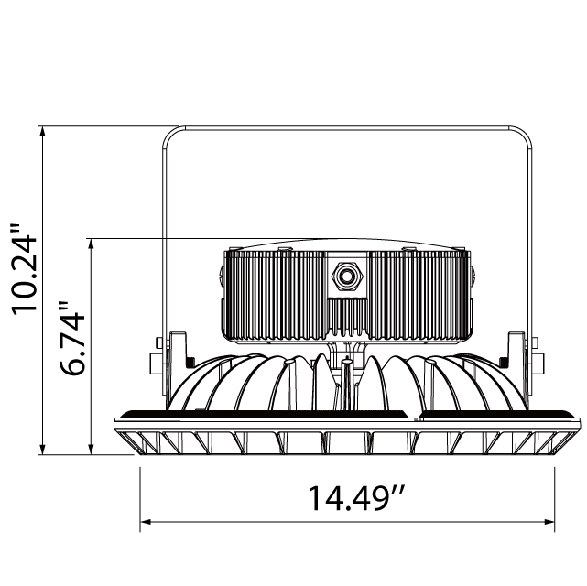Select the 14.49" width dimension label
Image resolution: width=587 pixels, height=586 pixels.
(x=356, y=499)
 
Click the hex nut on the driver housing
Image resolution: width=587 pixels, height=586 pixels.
(x=347, y=275)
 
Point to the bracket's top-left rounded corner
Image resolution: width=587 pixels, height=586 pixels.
(x=170, y=135)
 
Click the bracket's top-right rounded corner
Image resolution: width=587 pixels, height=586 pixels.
(x=524, y=135)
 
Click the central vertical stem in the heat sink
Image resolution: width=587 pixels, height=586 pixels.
(x=347, y=385)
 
